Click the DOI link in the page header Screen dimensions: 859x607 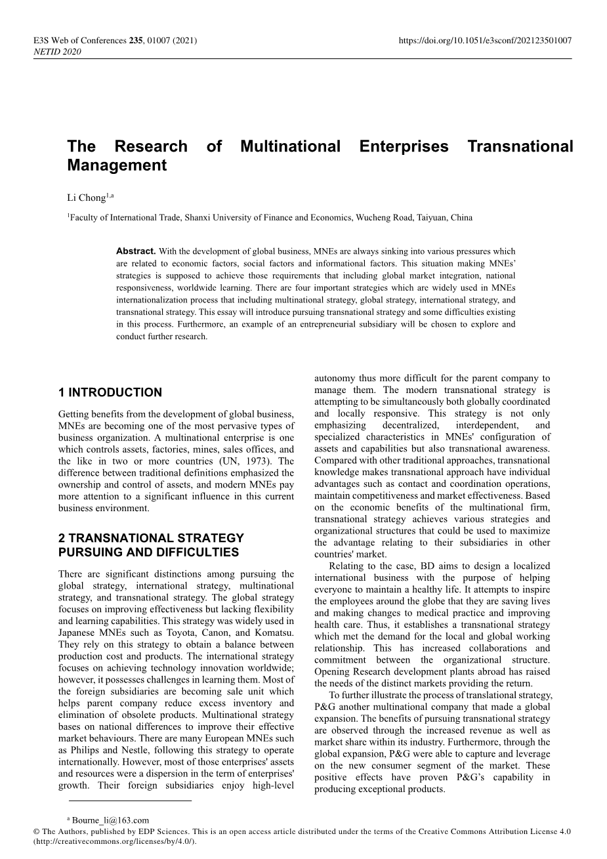[x=485, y=41]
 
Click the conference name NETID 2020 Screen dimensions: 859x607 [x=57, y=52]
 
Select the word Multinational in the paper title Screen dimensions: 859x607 [x=290, y=146]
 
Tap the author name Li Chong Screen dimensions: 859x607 [x=86, y=198]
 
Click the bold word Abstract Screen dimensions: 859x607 [x=136, y=251]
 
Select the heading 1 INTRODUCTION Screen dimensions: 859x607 [x=110, y=393]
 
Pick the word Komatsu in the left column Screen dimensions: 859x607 [x=272, y=633]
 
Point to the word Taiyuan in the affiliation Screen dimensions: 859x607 [x=430, y=218]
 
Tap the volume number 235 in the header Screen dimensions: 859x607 [x=136, y=41]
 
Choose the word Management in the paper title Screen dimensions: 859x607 [x=117, y=165]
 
